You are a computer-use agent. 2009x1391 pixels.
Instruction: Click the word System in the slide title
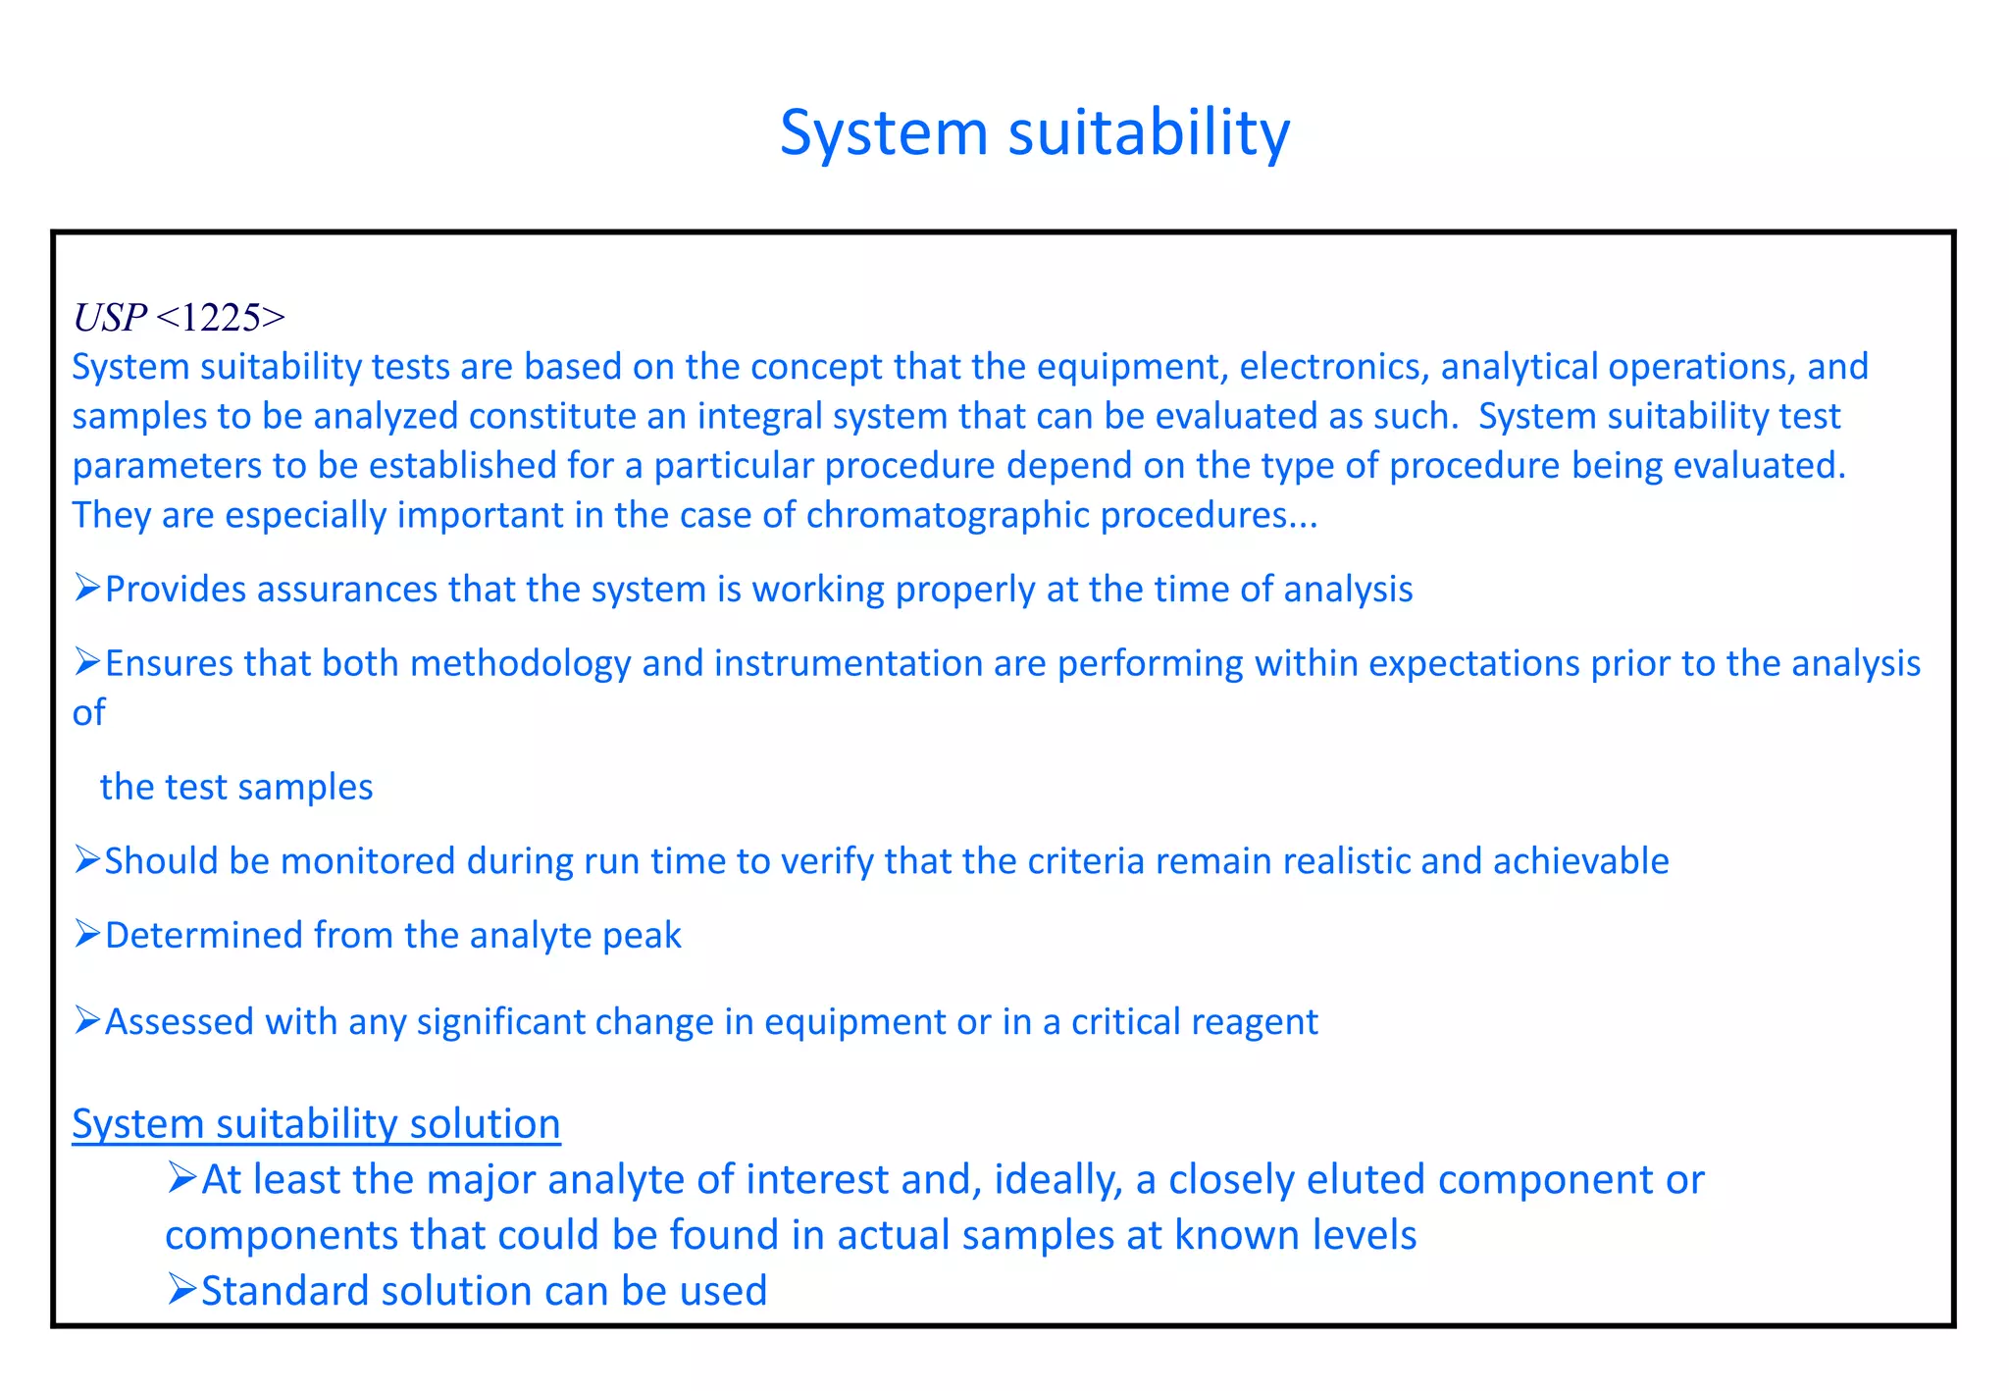click(883, 132)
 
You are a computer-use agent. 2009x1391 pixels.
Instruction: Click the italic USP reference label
click(109, 318)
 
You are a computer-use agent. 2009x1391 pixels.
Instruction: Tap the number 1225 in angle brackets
click(221, 318)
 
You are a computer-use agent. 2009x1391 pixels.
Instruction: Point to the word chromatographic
click(948, 515)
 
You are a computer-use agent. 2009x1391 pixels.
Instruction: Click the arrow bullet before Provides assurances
click(87, 588)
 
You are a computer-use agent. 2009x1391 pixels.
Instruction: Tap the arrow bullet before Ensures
click(87, 662)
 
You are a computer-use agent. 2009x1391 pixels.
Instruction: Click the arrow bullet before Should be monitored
click(87, 859)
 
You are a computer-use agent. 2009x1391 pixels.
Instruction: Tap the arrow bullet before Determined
click(87, 934)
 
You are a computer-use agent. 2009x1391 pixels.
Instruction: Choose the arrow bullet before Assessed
click(87, 1020)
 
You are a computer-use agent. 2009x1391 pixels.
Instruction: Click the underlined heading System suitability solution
click(316, 1124)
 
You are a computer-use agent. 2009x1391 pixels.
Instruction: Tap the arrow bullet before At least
click(182, 1177)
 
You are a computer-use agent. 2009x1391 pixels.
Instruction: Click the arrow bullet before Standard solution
click(182, 1289)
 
